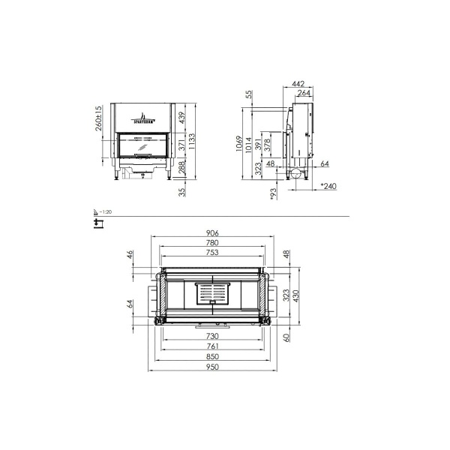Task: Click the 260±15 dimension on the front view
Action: (98, 118)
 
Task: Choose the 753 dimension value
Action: (212, 253)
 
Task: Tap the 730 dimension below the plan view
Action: (212, 337)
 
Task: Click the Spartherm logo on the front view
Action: (140, 117)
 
